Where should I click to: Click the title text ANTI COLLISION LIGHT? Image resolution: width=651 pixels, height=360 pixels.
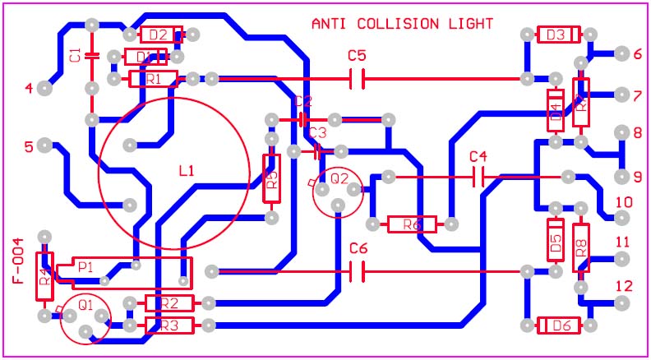point(402,24)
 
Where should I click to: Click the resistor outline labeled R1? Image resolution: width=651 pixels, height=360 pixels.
point(153,79)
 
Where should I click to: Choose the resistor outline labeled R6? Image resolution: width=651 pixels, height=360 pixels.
point(412,224)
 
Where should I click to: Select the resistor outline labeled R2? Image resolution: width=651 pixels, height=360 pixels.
point(169,303)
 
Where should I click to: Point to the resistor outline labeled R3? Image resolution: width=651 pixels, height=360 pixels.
point(169,325)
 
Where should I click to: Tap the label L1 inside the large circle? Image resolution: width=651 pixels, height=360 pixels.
point(187,171)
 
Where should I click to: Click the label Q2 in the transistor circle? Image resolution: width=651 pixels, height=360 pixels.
point(339,178)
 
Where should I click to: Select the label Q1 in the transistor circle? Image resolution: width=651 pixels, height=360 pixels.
point(85,304)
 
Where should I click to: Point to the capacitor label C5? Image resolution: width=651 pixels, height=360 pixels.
point(357,56)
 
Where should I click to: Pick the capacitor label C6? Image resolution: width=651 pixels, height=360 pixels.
point(358,248)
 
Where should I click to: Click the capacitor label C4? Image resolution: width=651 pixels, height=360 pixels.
point(478,156)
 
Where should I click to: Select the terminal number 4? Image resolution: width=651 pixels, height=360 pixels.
point(30,88)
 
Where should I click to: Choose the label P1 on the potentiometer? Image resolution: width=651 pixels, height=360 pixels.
point(85,267)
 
